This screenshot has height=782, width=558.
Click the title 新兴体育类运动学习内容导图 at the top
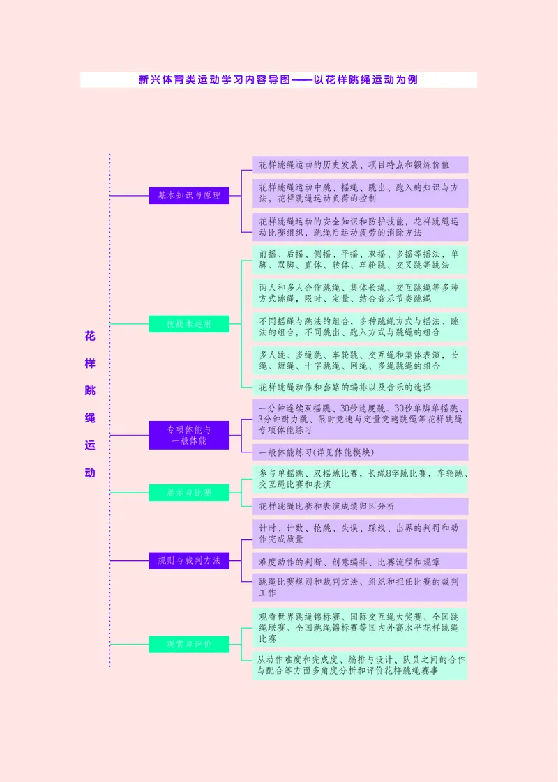pos(278,80)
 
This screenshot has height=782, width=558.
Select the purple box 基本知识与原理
pos(189,196)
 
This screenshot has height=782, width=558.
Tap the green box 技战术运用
pos(189,323)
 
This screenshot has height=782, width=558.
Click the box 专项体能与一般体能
pos(189,435)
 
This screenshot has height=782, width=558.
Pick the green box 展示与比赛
pos(189,493)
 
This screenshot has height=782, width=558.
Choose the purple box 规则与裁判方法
pos(189,560)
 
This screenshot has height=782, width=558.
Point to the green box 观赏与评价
pos(189,644)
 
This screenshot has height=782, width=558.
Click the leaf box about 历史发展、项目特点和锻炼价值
pos(360,165)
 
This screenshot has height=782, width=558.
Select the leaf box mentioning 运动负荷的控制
pos(360,193)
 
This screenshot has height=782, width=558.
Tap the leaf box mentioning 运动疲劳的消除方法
pos(360,227)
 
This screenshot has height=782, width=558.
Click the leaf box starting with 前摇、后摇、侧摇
pos(360,260)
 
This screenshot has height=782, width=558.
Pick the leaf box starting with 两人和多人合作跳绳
pos(360,293)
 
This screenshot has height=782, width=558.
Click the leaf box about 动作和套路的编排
pos(360,387)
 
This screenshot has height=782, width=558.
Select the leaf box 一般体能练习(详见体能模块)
pos(360,452)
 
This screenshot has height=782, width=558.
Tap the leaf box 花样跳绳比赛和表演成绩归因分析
pos(360,506)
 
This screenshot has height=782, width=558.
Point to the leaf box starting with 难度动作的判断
pos(360,561)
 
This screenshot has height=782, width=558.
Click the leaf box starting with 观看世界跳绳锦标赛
pos(360,627)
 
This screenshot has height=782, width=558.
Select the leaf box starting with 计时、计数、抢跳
pos(360,533)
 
